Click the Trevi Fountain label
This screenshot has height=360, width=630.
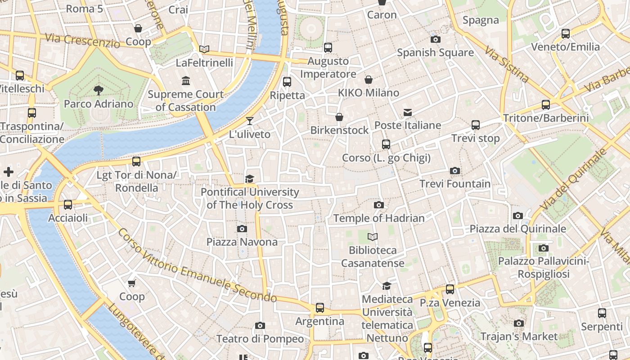coord(455,184)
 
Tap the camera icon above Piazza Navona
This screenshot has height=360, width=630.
coord(242,229)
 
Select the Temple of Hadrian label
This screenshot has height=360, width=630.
coord(379,218)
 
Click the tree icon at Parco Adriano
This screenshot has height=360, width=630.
coord(99,90)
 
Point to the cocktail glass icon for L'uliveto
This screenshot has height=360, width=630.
coord(250,121)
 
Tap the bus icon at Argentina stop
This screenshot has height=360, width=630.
coord(319,308)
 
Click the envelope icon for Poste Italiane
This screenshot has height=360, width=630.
coord(408,112)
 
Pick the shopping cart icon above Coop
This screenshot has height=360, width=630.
coord(132,283)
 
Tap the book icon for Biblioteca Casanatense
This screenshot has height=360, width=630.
coord(373,237)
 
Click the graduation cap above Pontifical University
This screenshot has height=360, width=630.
coord(250,179)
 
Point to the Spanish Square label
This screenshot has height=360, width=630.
coord(435,53)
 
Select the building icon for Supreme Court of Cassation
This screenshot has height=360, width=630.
coord(185,81)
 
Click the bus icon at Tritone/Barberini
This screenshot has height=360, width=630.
coord(546,105)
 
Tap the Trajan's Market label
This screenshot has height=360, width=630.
coord(519,336)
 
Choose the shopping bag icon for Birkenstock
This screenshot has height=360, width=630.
coord(339,117)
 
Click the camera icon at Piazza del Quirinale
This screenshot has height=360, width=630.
coord(518,216)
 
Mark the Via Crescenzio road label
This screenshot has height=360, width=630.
coord(82,40)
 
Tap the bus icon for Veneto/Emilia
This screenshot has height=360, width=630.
coord(566,34)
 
